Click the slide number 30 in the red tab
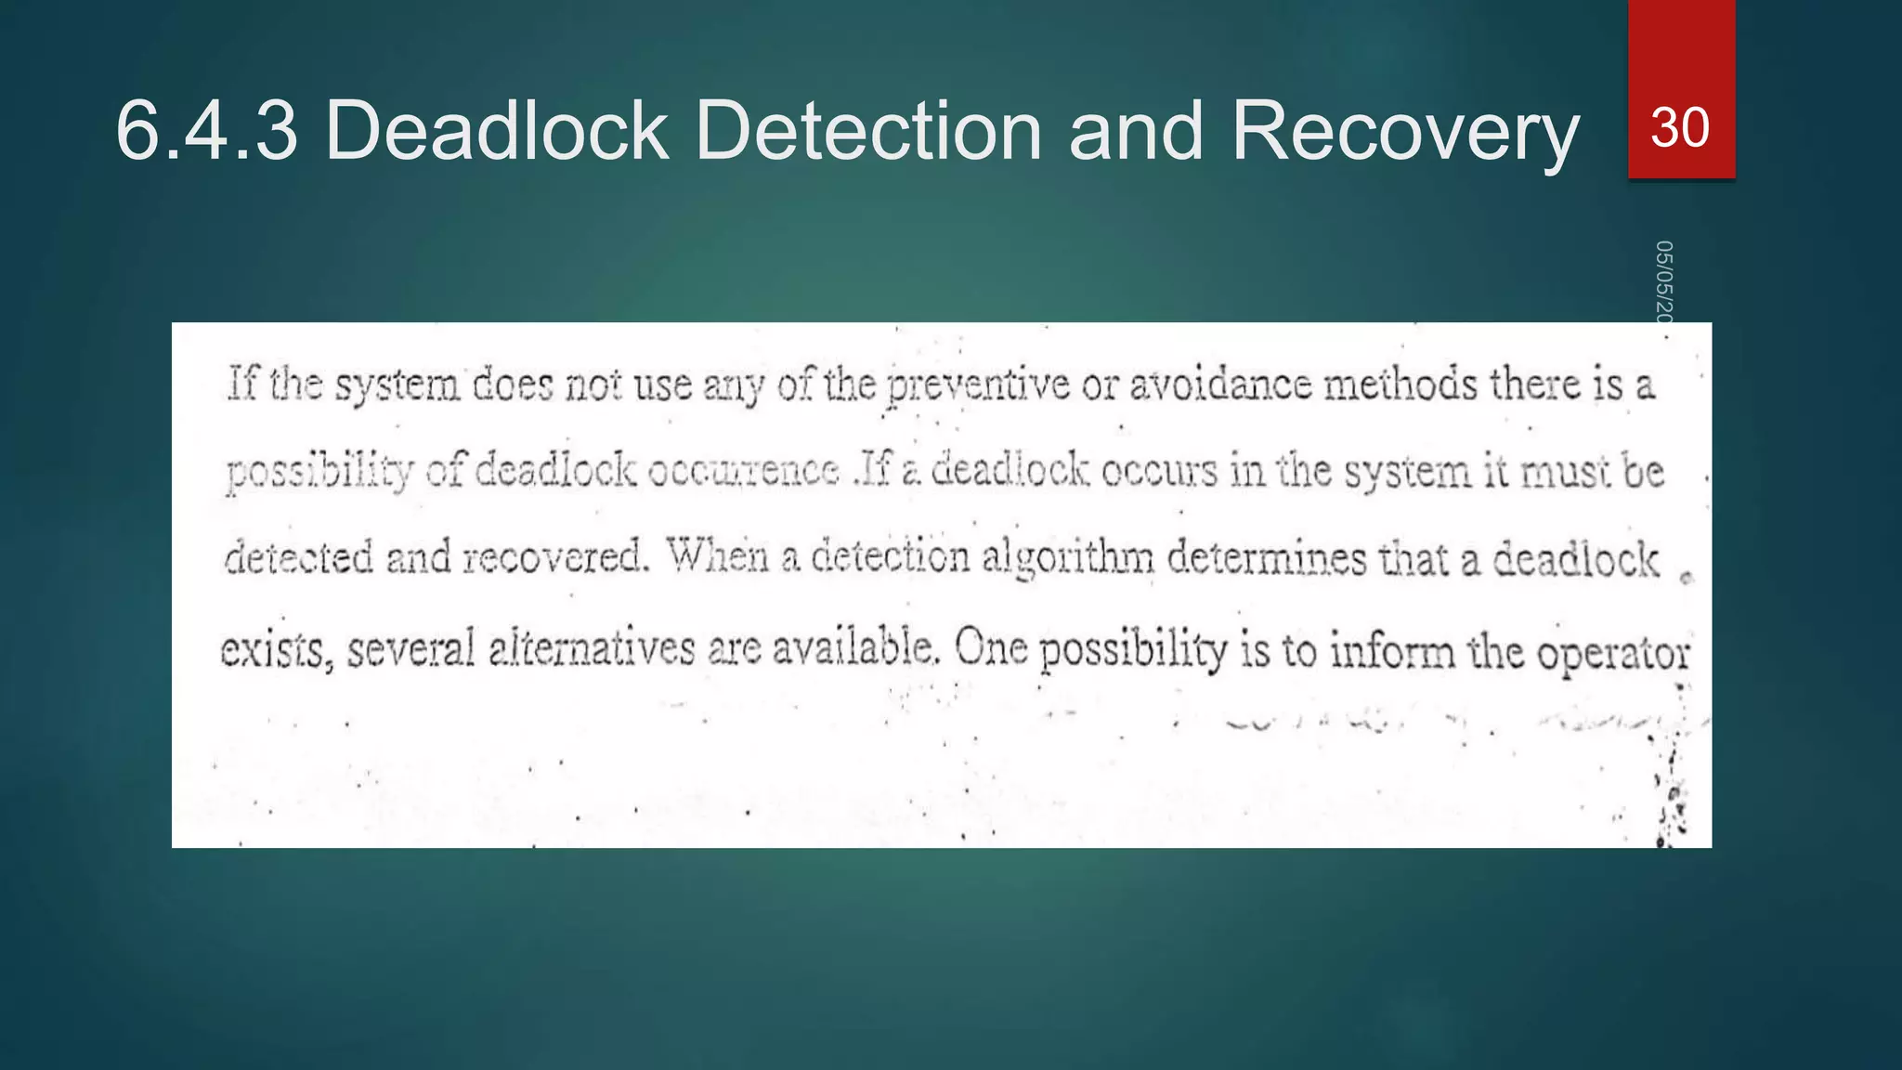1680,127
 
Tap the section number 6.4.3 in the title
207,131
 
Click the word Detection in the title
868,131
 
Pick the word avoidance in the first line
1220,385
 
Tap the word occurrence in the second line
743,471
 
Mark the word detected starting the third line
299,558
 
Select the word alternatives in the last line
592,648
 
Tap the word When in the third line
717,557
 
